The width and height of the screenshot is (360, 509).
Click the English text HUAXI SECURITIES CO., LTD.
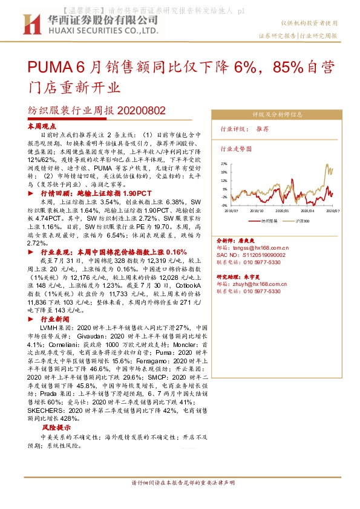coord(100,30)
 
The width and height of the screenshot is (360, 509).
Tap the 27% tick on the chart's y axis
coord(224,164)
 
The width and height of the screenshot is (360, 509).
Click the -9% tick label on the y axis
coord(224,205)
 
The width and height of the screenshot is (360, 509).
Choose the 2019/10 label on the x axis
coord(257,211)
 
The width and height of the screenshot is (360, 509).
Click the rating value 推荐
coord(263,129)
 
